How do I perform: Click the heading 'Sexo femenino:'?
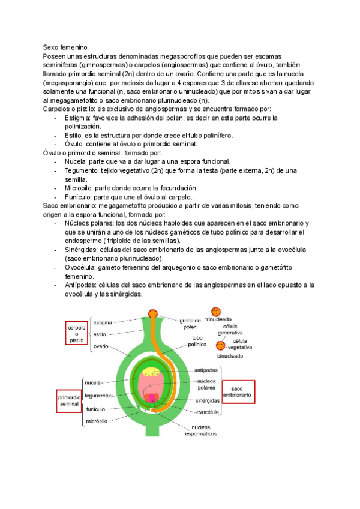pyautogui.click(x=66, y=46)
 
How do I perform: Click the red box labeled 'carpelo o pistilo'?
pyautogui.click(x=76, y=332)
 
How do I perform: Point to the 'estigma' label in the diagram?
pyautogui.click(x=103, y=322)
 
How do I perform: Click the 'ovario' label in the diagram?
pyautogui.click(x=100, y=346)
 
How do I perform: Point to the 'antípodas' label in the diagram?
pyautogui.click(x=206, y=370)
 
